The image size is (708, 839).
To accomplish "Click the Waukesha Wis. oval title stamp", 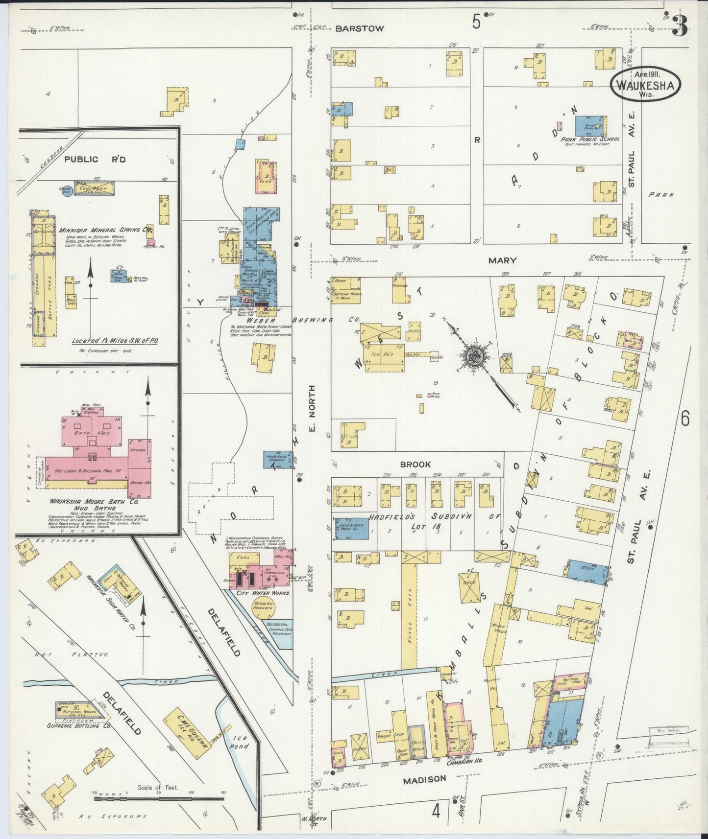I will tap(645, 85).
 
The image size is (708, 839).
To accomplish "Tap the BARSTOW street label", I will tap(359, 29).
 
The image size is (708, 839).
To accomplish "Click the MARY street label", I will tap(502, 261).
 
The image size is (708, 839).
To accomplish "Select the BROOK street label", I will tap(415, 464).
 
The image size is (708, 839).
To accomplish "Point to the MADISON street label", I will tap(424, 779).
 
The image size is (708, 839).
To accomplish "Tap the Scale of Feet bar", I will tap(159, 798).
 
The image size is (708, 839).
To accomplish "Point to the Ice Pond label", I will tap(239, 742).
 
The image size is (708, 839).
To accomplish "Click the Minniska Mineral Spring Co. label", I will tap(105, 230).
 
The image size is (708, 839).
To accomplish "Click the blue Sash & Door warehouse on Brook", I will tap(351, 528).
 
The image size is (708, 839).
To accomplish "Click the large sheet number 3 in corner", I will tap(679, 25).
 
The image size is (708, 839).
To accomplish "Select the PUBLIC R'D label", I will tap(88, 159).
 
